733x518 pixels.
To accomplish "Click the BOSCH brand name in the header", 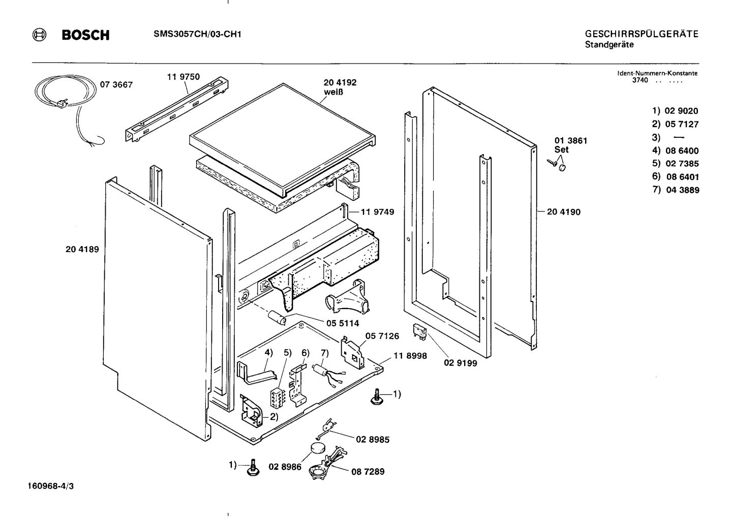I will pyautogui.click(x=85, y=35).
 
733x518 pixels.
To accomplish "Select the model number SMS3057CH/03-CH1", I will pyautogui.click(x=197, y=35).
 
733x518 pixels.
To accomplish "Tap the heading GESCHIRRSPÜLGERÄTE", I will pyautogui.click(x=642, y=34).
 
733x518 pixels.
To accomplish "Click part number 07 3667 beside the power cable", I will pyautogui.click(x=116, y=85).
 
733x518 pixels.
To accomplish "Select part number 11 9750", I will pyautogui.click(x=183, y=77).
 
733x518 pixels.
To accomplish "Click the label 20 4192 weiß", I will pyautogui.click(x=340, y=87).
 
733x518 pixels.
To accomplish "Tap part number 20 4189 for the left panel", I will pyautogui.click(x=82, y=249).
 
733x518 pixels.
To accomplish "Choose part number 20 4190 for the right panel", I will pyautogui.click(x=563, y=211).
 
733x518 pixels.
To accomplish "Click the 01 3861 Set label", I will pyautogui.click(x=571, y=145).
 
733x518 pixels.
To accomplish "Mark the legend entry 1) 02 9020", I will pyautogui.click(x=675, y=111).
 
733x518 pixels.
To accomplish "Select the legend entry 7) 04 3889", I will pyautogui.click(x=675, y=190).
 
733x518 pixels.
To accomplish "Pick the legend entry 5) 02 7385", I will pyautogui.click(x=675, y=164).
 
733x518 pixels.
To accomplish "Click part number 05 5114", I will pyautogui.click(x=342, y=323).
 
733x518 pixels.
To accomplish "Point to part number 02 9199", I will pyautogui.click(x=460, y=363).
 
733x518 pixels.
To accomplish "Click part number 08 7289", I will pyautogui.click(x=368, y=472).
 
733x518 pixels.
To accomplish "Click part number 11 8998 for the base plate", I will pyautogui.click(x=410, y=356).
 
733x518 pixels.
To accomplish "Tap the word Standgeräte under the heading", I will pyautogui.click(x=609, y=45).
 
